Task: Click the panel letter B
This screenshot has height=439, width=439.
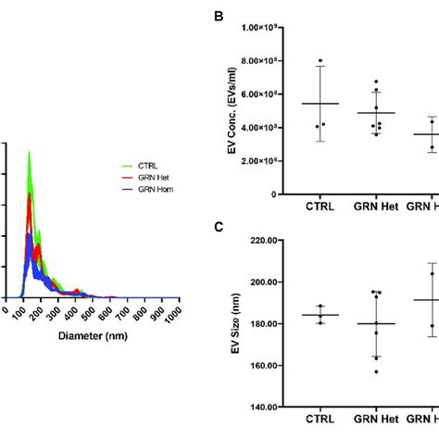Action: [218, 17]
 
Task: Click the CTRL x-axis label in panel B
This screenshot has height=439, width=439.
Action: [320, 209]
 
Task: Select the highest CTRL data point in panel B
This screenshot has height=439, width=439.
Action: [320, 61]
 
